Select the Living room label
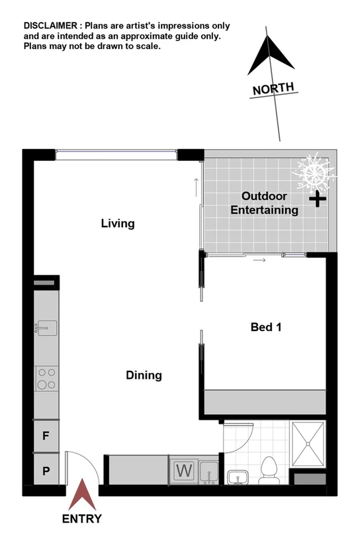click(x=118, y=224)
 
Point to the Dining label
click(x=144, y=375)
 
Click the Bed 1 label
click(x=267, y=326)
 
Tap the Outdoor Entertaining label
click(x=264, y=203)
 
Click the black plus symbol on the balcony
click(x=318, y=199)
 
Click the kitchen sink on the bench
click(x=46, y=327)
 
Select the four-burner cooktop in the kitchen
click(x=46, y=378)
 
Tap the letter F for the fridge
click(x=46, y=437)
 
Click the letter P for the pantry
click(x=46, y=471)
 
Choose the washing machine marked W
click(x=183, y=472)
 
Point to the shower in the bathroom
click(x=309, y=444)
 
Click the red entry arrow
click(x=83, y=496)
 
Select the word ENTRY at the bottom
click(x=82, y=518)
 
